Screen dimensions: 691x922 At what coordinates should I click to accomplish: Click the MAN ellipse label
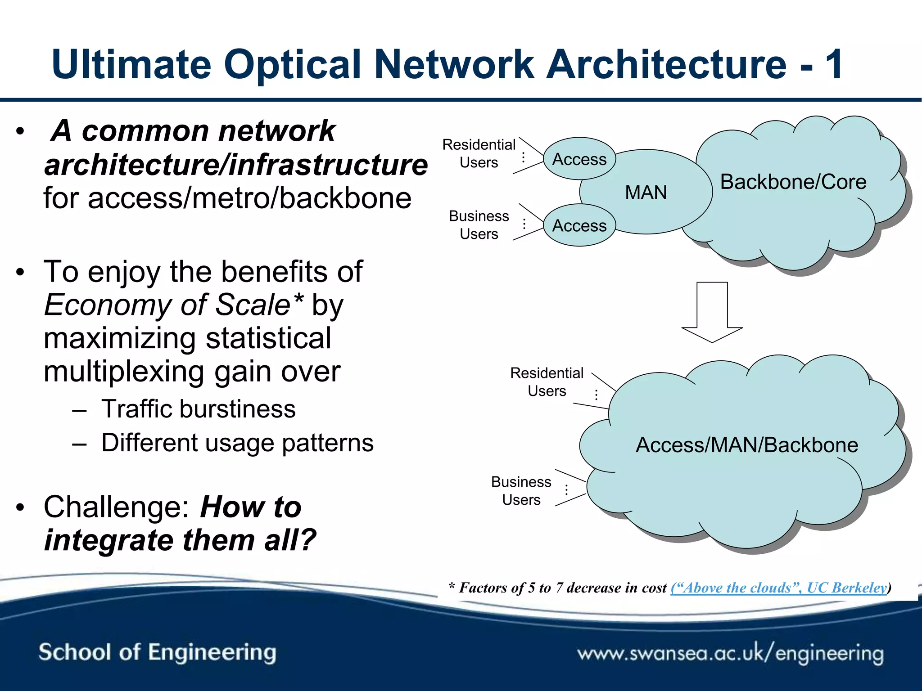pyautogui.click(x=646, y=193)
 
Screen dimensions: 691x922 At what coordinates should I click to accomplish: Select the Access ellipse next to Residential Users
pyautogui.click(x=579, y=159)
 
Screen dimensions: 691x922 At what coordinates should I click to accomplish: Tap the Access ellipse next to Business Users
pyautogui.click(x=579, y=225)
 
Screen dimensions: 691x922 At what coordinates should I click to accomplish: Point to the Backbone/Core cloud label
pyautogui.click(x=793, y=182)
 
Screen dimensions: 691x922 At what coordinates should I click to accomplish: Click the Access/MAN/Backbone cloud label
pyautogui.click(x=747, y=445)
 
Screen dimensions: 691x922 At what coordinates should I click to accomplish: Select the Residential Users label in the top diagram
pyautogui.click(x=479, y=153)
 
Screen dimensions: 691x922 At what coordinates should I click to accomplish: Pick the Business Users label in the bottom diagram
pyautogui.click(x=521, y=491)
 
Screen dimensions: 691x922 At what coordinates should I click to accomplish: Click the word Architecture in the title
pyautogui.click(x=666, y=64)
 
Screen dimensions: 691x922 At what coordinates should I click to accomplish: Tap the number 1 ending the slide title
pyautogui.click(x=834, y=64)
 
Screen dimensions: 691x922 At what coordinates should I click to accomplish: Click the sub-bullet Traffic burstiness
pyautogui.click(x=199, y=409)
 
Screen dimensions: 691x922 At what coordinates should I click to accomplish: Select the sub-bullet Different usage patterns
pyautogui.click(x=237, y=443)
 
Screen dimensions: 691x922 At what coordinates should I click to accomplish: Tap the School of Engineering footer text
pyautogui.click(x=157, y=652)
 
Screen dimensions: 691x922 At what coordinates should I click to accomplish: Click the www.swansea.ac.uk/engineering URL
pyautogui.click(x=730, y=653)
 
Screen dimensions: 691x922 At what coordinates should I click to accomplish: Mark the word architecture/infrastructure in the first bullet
pyautogui.click(x=236, y=165)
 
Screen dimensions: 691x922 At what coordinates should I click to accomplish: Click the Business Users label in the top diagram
pyautogui.click(x=479, y=225)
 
